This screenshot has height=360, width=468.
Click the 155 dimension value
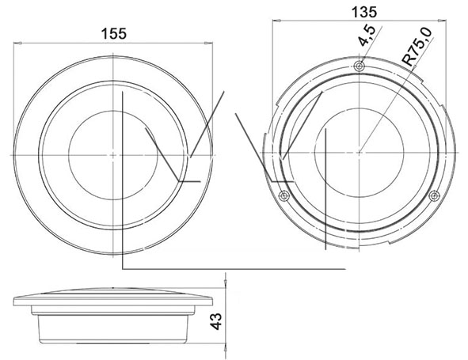point(114,34)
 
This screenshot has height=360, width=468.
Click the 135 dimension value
point(363,12)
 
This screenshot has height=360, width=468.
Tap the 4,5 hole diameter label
point(367,36)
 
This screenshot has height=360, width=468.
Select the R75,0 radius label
point(417,47)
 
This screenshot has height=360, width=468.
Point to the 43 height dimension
point(216,321)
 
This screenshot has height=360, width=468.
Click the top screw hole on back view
point(360,66)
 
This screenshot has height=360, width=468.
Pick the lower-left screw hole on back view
point(283,196)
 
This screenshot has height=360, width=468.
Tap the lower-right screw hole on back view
point(434,196)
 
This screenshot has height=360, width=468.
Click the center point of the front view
point(112,155)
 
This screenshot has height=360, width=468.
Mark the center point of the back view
point(359,153)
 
